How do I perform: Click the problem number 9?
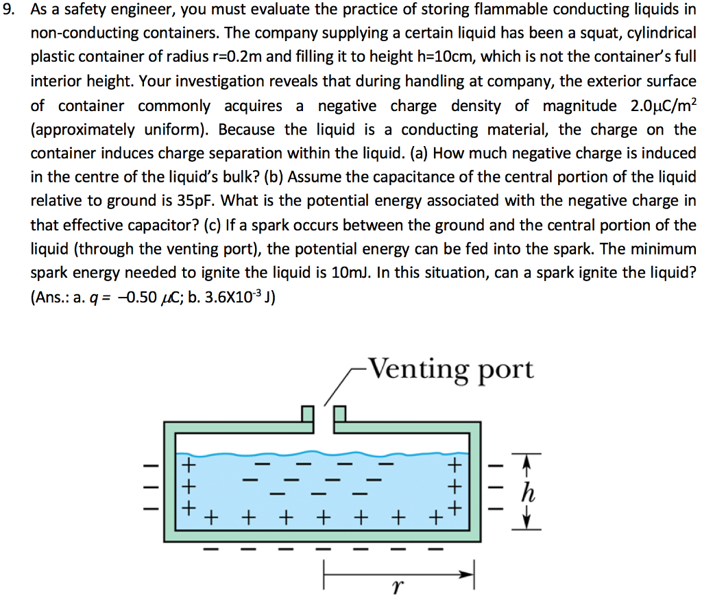pyautogui.click(x=9, y=10)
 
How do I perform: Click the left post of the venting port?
pyautogui.click(x=308, y=414)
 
